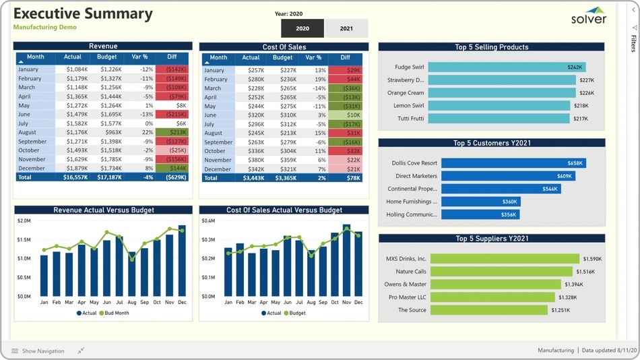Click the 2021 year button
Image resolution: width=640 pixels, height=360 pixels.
346,28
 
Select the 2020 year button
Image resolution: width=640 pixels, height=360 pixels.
302,28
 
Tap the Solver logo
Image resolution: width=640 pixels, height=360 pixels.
589,16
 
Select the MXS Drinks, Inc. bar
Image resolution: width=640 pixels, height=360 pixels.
505,259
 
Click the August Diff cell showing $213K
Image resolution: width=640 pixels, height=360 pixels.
171,133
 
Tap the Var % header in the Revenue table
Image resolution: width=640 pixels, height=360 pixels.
139,57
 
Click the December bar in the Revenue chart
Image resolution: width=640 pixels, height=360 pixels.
182,261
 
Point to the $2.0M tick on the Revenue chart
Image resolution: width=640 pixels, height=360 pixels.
24,221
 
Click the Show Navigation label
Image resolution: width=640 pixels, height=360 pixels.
43,351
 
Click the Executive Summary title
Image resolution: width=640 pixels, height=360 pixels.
83,13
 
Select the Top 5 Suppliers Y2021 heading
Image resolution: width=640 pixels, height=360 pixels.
491,239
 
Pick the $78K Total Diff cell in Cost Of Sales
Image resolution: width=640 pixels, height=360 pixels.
345,178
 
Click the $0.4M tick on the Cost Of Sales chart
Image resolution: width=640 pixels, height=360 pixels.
208,221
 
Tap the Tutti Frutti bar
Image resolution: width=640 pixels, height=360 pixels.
499,119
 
